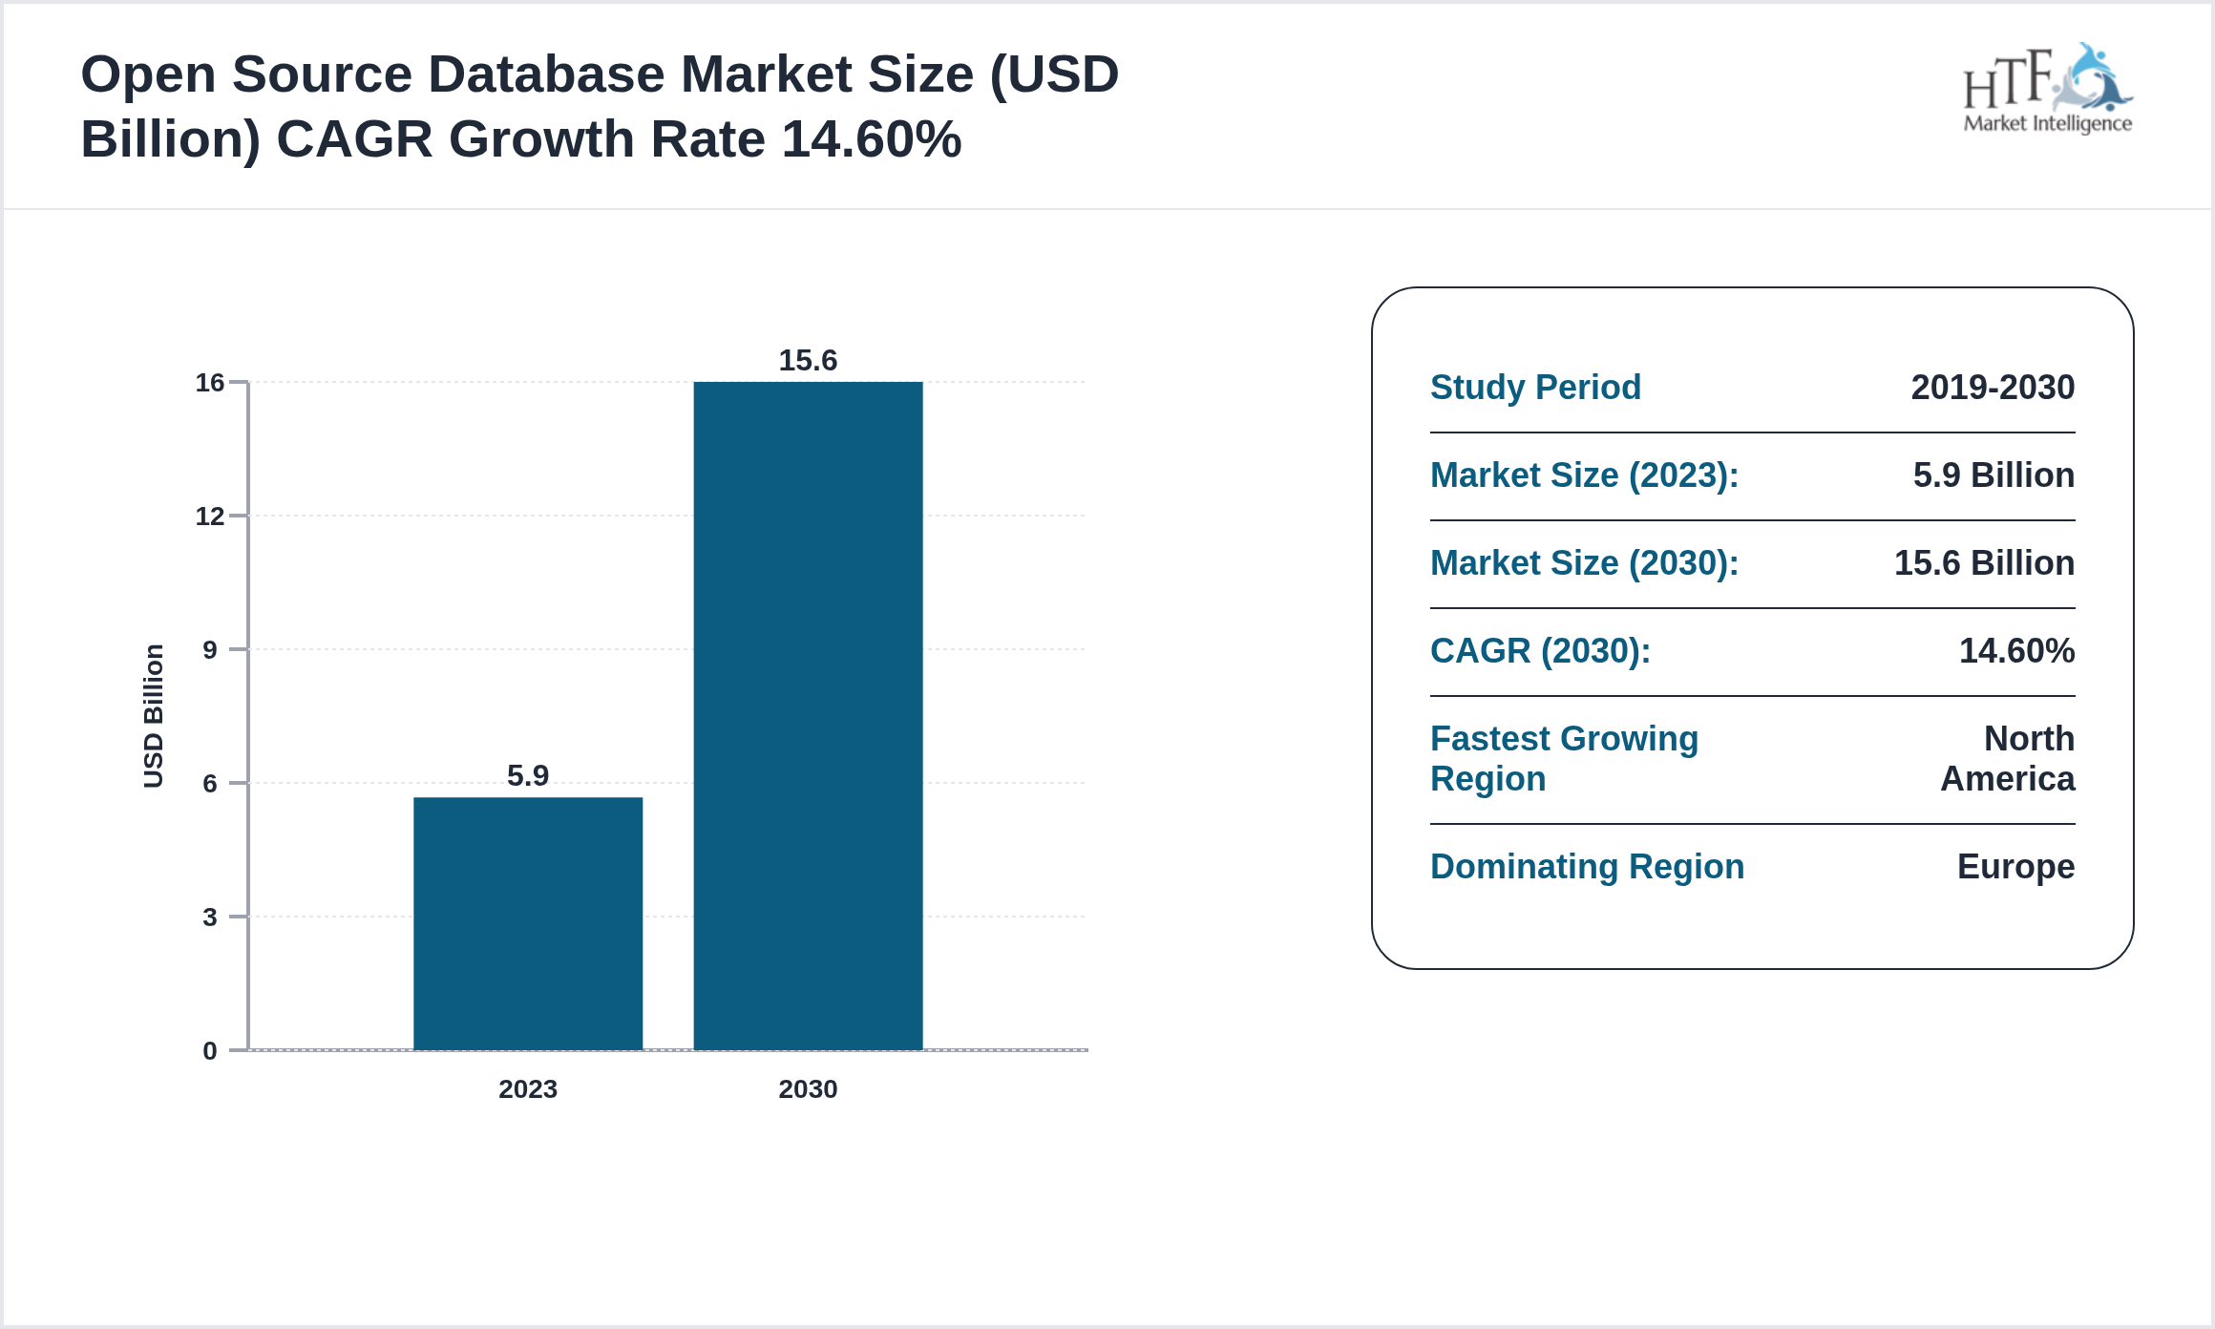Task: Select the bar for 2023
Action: tap(528, 922)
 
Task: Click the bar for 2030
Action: tap(808, 715)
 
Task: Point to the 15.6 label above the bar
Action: tap(808, 360)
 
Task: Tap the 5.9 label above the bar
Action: tap(528, 775)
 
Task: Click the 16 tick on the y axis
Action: tap(209, 383)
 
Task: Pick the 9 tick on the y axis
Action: tap(209, 650)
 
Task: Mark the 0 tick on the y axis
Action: tap(209, 1051)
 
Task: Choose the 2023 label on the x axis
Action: tap(528, 1089)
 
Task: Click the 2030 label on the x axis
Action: tap(808, 1089)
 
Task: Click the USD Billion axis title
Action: tap(154, 716)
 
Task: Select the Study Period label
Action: tap(1535, 388)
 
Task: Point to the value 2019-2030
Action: tap(1993, 388)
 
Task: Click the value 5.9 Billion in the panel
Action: tap(1993, 475)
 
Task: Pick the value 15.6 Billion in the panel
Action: tap(1984, 563)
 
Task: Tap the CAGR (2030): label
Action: tap(1540, 651)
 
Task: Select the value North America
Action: tap(2008, 759)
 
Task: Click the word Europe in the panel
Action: tap(2015, 867)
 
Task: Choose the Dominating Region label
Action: tap(1587, 867)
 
